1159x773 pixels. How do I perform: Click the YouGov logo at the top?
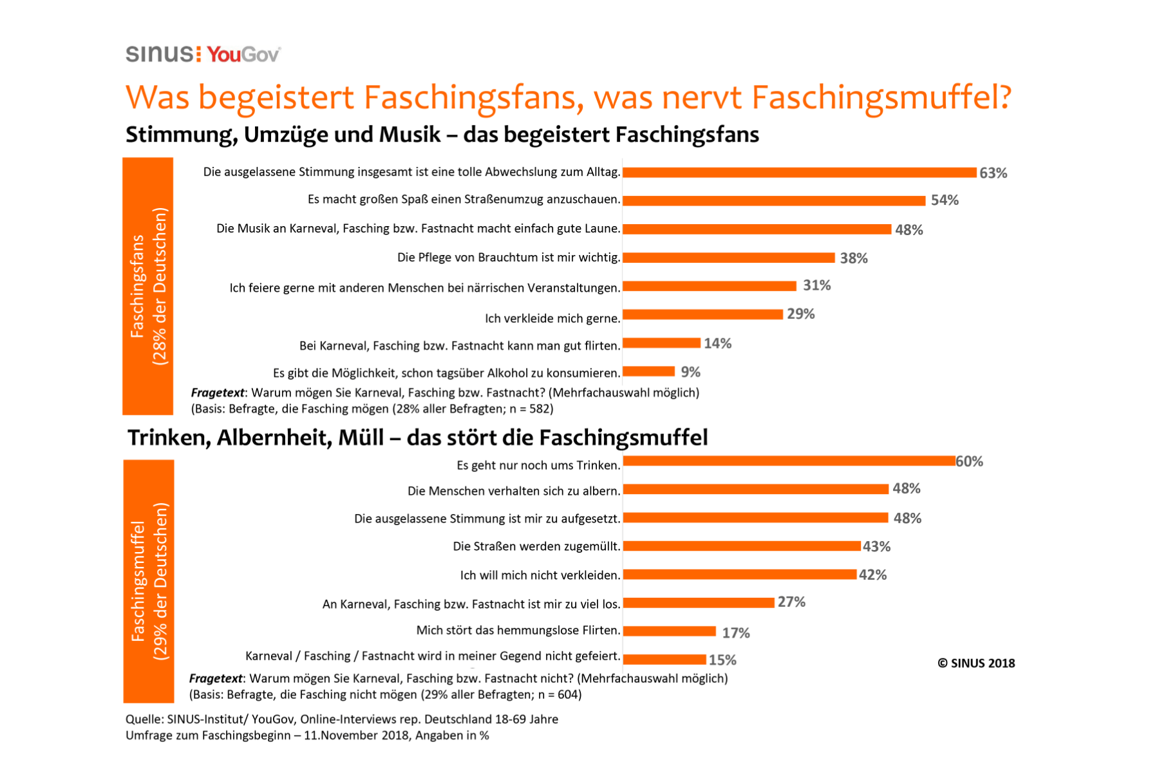click(243, 55)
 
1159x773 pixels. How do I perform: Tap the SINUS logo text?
click(159, 54)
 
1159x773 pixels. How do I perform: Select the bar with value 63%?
click(799, 173)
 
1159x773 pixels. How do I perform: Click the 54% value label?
click(945, 200)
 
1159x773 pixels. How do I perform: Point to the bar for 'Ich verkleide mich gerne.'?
click(702, 314)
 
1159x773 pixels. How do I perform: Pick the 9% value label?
click(690, 372)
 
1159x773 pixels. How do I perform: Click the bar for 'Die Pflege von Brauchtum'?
click(728, 258)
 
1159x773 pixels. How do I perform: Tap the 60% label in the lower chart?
click(969, 461)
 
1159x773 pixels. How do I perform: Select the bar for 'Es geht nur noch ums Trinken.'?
click(789, 461)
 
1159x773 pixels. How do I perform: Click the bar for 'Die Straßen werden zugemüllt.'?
click(742, 546)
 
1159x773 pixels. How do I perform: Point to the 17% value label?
click(735, 633)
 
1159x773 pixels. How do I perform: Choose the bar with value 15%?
click(664, 659)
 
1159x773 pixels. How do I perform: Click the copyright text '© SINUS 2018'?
click(975, 663)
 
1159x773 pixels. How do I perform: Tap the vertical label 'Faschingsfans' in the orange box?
click(138, 286)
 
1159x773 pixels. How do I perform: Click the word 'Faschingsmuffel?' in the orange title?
click(881, 98)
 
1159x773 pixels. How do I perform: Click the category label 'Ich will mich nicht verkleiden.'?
click(540, 575)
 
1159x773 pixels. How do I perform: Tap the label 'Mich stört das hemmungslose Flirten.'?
click(518, 630)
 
